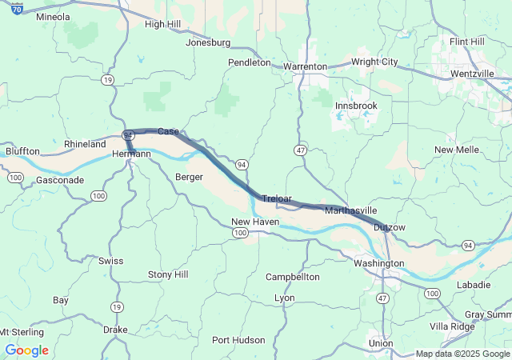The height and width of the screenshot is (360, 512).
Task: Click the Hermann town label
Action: [x=131, y=154]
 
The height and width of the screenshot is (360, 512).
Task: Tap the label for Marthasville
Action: [x=351, y=210]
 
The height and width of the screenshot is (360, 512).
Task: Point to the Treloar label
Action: [x=277, y=198]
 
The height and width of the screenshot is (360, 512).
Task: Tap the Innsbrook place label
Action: [x=356, y=106]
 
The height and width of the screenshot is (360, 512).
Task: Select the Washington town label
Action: [x=378, y=263]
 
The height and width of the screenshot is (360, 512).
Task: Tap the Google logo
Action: [x=26, y=350]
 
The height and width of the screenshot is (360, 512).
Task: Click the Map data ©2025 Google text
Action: [x=462, y=354]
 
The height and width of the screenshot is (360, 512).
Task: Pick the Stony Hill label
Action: [x=168, y=275]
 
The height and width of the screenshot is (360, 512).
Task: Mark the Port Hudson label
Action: [x=238, y=340]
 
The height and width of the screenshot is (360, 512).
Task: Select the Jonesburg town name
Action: [x=207, y=42]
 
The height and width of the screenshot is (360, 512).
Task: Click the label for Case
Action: [x=168, y=131]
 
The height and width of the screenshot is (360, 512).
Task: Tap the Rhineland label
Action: [x=85, y=145]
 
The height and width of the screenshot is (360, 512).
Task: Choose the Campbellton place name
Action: [x=293, y=277]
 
